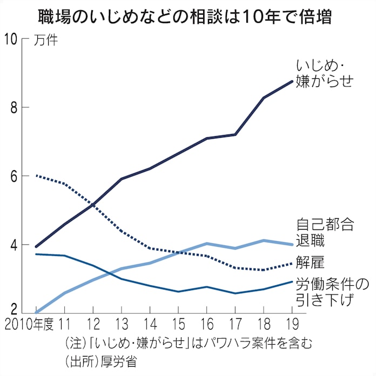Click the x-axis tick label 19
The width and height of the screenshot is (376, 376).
292,325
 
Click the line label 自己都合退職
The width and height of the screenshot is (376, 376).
324,232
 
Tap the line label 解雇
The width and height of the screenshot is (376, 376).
310,262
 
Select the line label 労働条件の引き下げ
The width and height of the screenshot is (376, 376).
331,291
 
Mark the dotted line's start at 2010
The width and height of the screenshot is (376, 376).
36,176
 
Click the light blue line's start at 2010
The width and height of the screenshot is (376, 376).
36,312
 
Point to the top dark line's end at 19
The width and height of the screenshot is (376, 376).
292,82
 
